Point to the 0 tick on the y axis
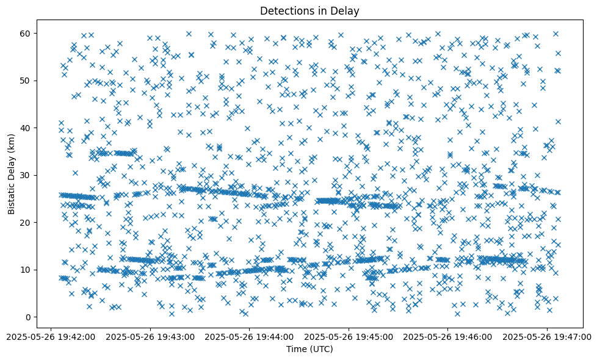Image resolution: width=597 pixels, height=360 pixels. point(28,317)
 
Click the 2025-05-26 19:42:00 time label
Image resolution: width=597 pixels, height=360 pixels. point(51,336)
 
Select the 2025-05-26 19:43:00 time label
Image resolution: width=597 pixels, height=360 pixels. point(150,336)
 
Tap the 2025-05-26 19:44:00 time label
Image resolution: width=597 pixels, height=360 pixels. point(250,336)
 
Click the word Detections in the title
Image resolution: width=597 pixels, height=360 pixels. point(286,10)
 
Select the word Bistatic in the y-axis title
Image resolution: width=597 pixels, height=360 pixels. point(12,195)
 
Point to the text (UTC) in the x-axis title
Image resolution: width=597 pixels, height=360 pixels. point(324,349)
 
